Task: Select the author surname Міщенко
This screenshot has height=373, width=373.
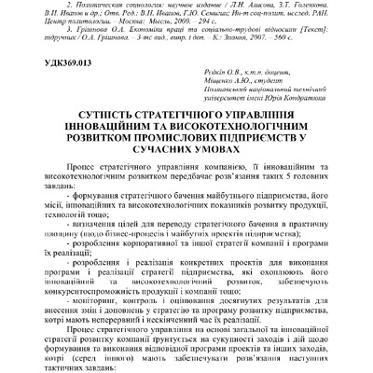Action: (x=217, y=100)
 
